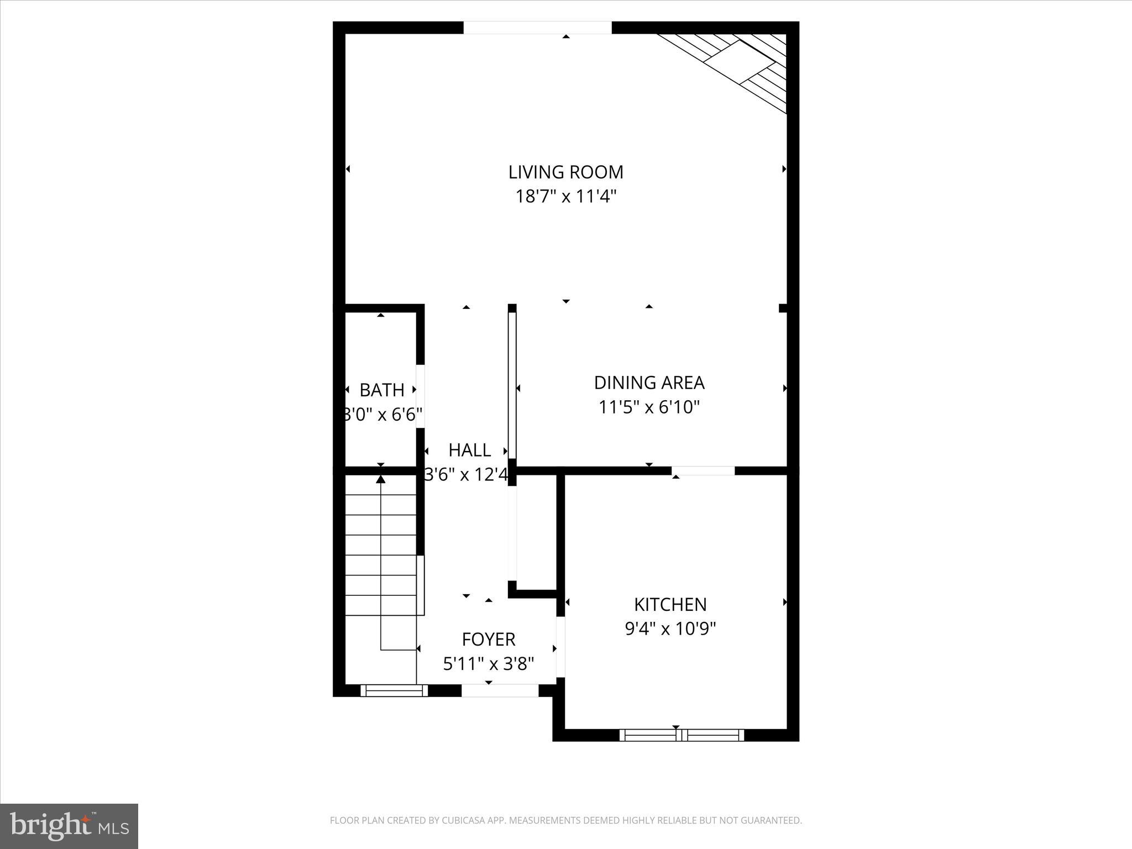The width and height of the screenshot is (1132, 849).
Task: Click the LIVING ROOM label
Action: tap(565, 172)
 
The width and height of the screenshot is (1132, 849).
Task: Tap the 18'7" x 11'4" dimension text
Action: tap(565, 197)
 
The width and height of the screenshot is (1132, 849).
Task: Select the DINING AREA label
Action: tap(649, 382)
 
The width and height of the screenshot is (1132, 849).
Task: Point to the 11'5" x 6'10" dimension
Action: tap(649, 407)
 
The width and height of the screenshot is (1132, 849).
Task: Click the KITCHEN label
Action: tap(670, 605)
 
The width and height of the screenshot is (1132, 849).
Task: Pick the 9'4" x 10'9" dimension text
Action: tap(670, 629)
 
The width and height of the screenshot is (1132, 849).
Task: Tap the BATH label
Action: tap(381, 390)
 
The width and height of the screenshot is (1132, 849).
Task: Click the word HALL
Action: tap(469, 450)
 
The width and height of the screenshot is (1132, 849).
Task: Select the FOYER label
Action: tap(489, 640)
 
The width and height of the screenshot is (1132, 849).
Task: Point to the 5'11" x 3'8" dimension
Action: tap(489, 664)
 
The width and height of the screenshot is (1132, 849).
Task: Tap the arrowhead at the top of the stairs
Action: tap(380, 479)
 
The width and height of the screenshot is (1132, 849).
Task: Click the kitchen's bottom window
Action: tap(682, 735)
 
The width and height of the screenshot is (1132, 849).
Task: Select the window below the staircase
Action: tap(394, 690)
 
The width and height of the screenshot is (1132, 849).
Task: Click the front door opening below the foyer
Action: tap(500, 690)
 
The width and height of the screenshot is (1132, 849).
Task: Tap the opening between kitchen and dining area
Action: tap(703, 471)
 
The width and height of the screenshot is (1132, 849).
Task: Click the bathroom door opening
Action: tap(420, 396)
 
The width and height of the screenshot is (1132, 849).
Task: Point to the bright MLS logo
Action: tap(69, 826)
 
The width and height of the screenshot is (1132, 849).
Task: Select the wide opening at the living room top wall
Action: tap(537, 28)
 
